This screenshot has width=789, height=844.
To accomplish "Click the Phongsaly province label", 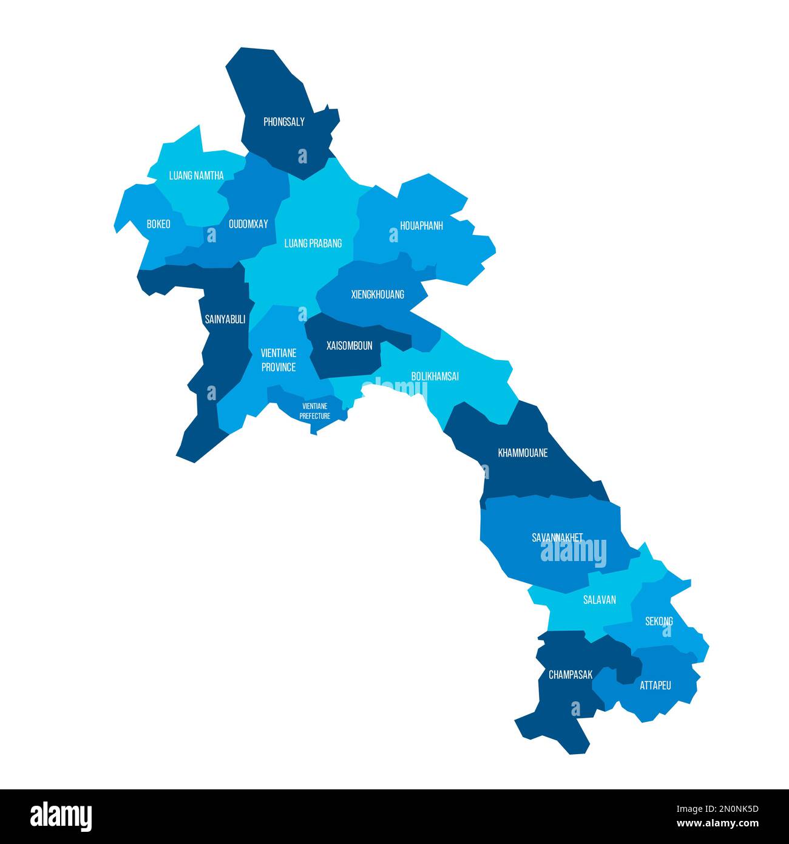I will pyautogui.click(x=284, y=122).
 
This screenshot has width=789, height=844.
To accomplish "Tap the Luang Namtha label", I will pyautogui.click(x=196, y=175).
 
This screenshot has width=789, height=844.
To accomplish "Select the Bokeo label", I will pyautogui.click(x=158, y=224).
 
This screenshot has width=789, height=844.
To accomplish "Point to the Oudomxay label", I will pyautogui.click(x=248, y=224).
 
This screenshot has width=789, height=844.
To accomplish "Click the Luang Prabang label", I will pyautogui.click(x=313, y=243).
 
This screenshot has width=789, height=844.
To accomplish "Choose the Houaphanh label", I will pyautogui.click(x=421, y=226).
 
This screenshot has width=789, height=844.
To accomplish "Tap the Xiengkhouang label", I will pyautogui.click(x=378, y=295).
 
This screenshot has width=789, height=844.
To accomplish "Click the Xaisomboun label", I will pyautogui.click(x=349, y=345).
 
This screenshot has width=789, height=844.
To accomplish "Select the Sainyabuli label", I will pyautogui.click(x=225, y=319).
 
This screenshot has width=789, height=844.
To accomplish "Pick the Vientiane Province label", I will pyautogui.click(x=279, y=359).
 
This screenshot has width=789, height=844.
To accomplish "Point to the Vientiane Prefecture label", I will pyautogui.click(x=315, y=411).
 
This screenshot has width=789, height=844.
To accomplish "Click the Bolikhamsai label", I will pyautogui.click(x=435, y=376).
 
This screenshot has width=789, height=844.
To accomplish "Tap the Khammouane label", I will pyautogui.click(x=523, y=452).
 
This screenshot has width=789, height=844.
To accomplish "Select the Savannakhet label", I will pyautogui.click(x=557, y=537).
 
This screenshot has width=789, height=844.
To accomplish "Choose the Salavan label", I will pyautogui.click(x=600, y=600).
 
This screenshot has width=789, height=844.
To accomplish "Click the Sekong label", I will pyautogui.click(x=659, y=621).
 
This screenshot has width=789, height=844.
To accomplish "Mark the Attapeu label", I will pyautogui.click(x=655, y=686).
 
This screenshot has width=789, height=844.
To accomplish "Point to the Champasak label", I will pyautogui.click(x=571, y=675).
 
